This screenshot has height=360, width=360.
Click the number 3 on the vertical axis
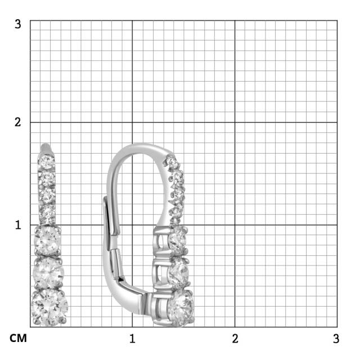(x=18, y=24)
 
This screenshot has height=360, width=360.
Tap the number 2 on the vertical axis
(x=18, y=122)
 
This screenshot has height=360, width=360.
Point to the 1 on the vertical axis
(x=18, y=224)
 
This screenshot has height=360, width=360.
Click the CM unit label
(x=17, y=339)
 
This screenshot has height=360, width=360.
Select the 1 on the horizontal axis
(x=132, y=339)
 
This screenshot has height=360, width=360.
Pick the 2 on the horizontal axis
(x=235, y=339)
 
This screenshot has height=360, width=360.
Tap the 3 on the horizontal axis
(x=336, y=339)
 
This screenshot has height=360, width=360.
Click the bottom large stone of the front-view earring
(x=49, y=306)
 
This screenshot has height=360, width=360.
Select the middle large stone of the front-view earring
(x=48, y=273)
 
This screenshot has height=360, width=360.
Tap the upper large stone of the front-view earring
(x=48, y=240)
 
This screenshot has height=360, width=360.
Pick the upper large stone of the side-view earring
(x=177, y=240)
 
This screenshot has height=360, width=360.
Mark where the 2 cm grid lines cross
(x=235, y=122)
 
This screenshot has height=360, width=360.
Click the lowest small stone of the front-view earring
(x=48, y=214)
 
